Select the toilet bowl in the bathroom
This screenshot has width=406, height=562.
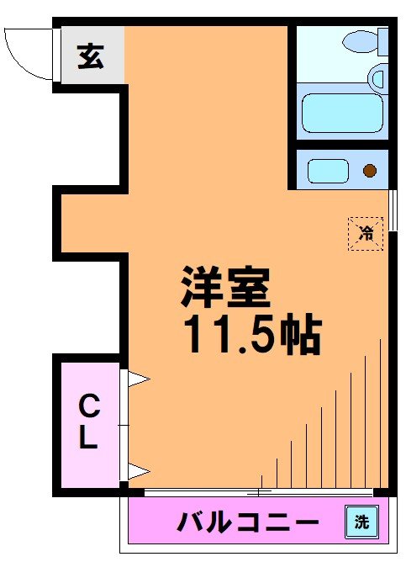pyautogui.click(x=362, y=39)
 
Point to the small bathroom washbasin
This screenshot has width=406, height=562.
pyautogui.click(x=377, y=81)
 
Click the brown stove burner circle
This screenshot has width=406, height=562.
pyautogui.click(x=369, y=171)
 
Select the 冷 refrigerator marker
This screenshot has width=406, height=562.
pyautogui.click(x=366, y=233)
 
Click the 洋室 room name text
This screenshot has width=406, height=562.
pyautogui.click(x=224, y=289)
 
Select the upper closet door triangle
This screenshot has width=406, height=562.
pyautogui.click(x=137, y=380)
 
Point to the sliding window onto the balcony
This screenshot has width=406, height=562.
pyautogui.click(x=258, y=491)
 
